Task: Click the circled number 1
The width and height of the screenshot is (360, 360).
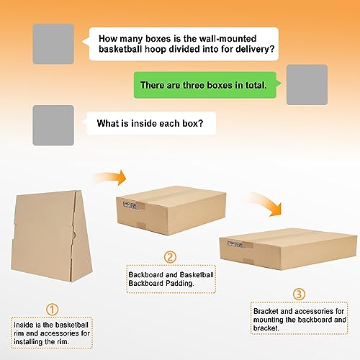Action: [x=52, y=310]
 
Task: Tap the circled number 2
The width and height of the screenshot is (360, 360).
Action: [x=170, y=257]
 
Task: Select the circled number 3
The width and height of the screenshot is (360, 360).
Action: [x=300, y=294]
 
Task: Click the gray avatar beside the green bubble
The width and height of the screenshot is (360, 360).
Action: [x=307, y=85]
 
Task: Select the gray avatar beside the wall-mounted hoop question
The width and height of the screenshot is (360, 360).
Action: [x=53, y=44]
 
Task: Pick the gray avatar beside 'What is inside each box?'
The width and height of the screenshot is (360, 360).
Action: [x=53, y=125]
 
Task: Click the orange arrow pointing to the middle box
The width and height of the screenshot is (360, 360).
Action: [x=110, y=178]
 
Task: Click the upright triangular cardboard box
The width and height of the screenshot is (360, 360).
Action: [x=51, y=236]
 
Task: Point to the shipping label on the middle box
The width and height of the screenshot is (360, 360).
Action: [x=130, y=205]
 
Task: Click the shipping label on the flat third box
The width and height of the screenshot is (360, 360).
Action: [x=235, y=244]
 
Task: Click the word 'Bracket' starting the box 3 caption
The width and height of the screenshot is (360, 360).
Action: [x=266, y=311]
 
